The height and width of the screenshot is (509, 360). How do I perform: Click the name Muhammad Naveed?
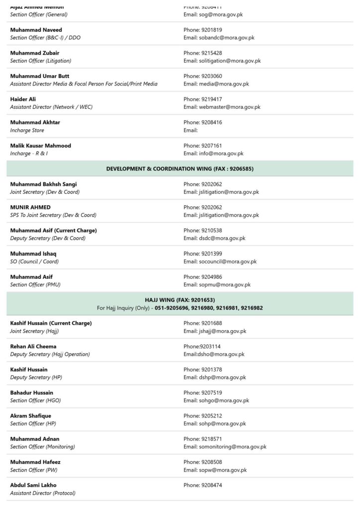point(36,30)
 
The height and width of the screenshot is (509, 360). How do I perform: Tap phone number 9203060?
point(211,76)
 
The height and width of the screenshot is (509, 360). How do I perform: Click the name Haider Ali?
point(23,99)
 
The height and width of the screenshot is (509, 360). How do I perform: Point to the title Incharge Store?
point(27,130)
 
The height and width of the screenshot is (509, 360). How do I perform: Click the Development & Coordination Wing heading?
point(180,169)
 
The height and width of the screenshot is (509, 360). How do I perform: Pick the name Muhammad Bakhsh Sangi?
point(43,184)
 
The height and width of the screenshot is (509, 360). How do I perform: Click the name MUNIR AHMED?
point(30,207)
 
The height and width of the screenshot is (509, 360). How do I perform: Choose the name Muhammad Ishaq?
point(33,254)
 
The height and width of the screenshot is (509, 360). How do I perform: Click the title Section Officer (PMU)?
point(35,285)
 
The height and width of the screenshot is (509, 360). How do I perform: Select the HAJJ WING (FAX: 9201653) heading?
point(180,300)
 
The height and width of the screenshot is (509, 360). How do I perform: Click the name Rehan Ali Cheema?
point(33,346)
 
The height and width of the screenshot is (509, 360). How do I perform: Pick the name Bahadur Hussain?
point(32,393)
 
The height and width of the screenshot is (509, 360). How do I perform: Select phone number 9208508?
point(211,462)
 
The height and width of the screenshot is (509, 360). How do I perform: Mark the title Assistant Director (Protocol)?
point(43,493)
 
